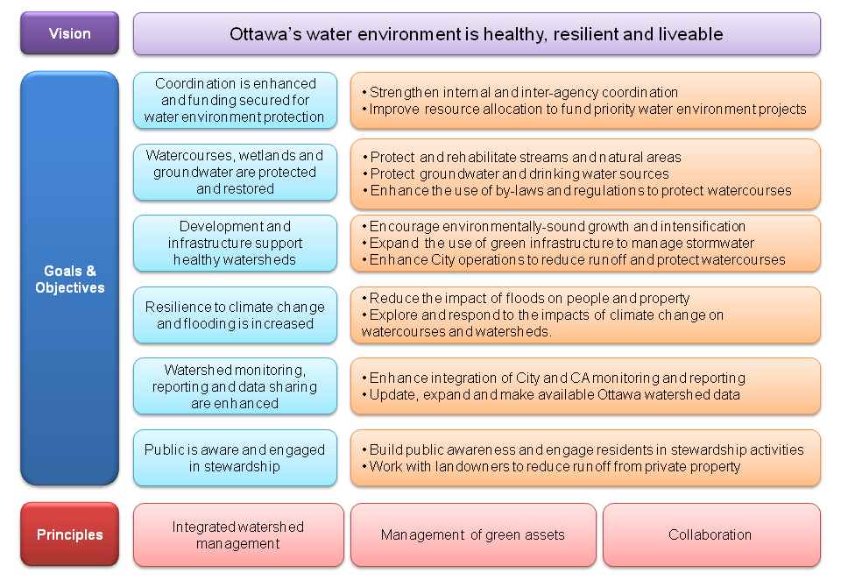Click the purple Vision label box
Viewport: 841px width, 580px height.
click(70, 33)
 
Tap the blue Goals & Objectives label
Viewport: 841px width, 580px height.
click(70, 279)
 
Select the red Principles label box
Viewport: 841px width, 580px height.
click(70, 534)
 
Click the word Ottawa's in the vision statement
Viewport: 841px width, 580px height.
click(265, 34)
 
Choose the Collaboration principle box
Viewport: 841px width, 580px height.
click(711, 535)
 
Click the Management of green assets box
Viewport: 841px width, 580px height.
click(473, 535)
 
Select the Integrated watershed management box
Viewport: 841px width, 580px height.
click(238, 535)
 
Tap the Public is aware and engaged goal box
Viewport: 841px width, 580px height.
click(235, 457)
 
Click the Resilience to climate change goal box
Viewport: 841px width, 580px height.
click(235, 315)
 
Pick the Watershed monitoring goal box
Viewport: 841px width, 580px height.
click(235, 386)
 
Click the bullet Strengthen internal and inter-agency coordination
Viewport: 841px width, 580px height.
click(520, 92)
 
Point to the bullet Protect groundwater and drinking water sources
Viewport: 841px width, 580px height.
click(516, 173)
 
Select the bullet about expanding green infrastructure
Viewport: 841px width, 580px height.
click(558, 243)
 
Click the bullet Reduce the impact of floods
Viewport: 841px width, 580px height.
click(526, 298)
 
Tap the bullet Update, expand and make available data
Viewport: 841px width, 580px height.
click(551, 395)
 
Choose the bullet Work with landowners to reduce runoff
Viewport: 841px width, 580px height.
click(551, 466)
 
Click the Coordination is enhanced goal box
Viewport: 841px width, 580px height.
click(235, 101)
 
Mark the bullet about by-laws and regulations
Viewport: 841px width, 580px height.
click(577, 190)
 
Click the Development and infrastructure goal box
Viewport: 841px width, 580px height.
click(235, 243)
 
